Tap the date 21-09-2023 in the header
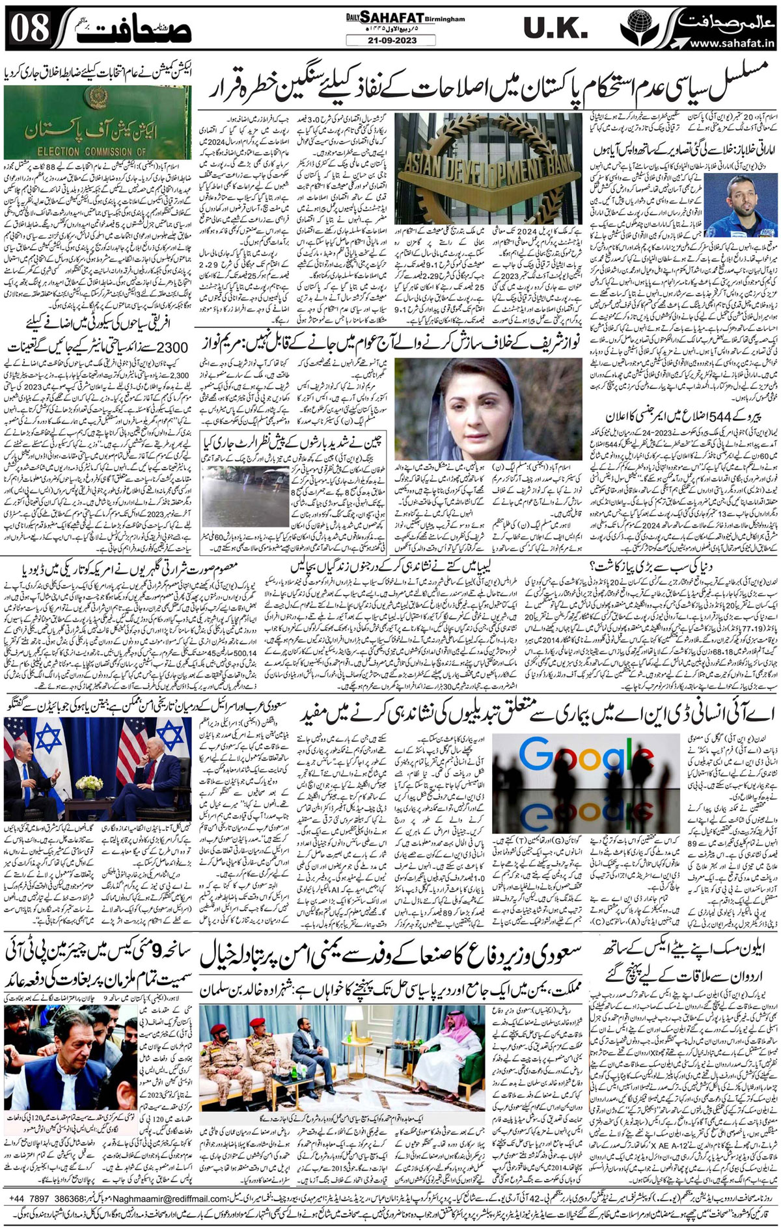coord(382,40)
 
